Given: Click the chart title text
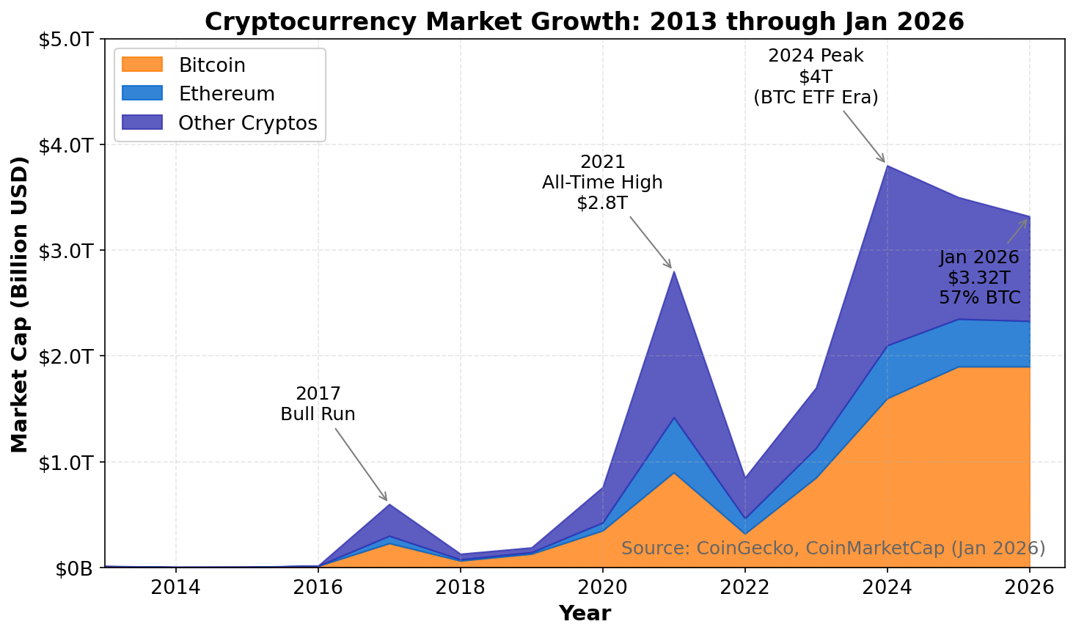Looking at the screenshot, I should [x=584, y=21].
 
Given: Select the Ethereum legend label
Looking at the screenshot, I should [x=227, y=94].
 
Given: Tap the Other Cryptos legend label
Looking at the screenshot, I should [x=248, y=123].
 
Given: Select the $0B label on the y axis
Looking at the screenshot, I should [x=75, y=568].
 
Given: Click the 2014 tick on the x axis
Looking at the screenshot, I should [x=175, y=587].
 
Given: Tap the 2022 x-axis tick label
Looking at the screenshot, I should [x=745, y=587].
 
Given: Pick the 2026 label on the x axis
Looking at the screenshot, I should [x=1030, y=587].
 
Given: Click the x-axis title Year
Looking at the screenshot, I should [x=585, y=614].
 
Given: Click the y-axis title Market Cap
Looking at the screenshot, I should [x=20, y=304].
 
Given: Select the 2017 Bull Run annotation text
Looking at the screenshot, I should [x=318, y=404].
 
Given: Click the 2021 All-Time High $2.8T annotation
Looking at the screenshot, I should [x=602, y=183].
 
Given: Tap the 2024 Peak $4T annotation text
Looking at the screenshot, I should [x=816, y=76].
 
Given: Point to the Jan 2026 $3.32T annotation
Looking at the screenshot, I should [x=979, y=277].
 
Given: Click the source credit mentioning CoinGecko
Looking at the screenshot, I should [x=833, y=548].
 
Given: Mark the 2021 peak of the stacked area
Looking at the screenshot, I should [x=673, y=271].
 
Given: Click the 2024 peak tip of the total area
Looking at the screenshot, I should [x=887, y=166].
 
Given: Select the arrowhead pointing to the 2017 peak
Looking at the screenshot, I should [x=386, y=500].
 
